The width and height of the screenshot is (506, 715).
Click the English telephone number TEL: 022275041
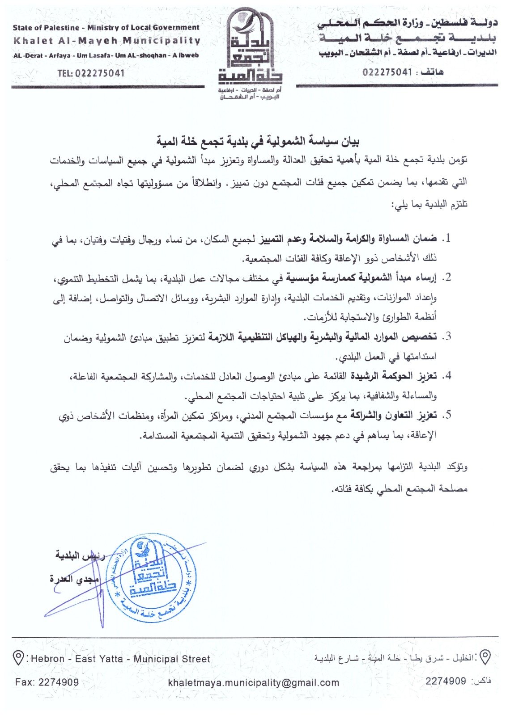point(91,73)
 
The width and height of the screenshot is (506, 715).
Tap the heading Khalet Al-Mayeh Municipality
point(107,41)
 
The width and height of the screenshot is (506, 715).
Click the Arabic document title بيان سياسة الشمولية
point(258,142)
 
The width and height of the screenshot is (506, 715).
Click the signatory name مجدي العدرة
point(74,579)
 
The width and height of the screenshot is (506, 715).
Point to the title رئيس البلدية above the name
point(80,555)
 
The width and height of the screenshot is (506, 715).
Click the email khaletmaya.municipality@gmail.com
point(253,682)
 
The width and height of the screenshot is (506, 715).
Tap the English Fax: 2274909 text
point(47,682)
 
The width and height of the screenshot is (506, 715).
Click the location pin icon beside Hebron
point(18,658)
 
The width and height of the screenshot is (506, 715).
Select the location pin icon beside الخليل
point(485,657)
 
